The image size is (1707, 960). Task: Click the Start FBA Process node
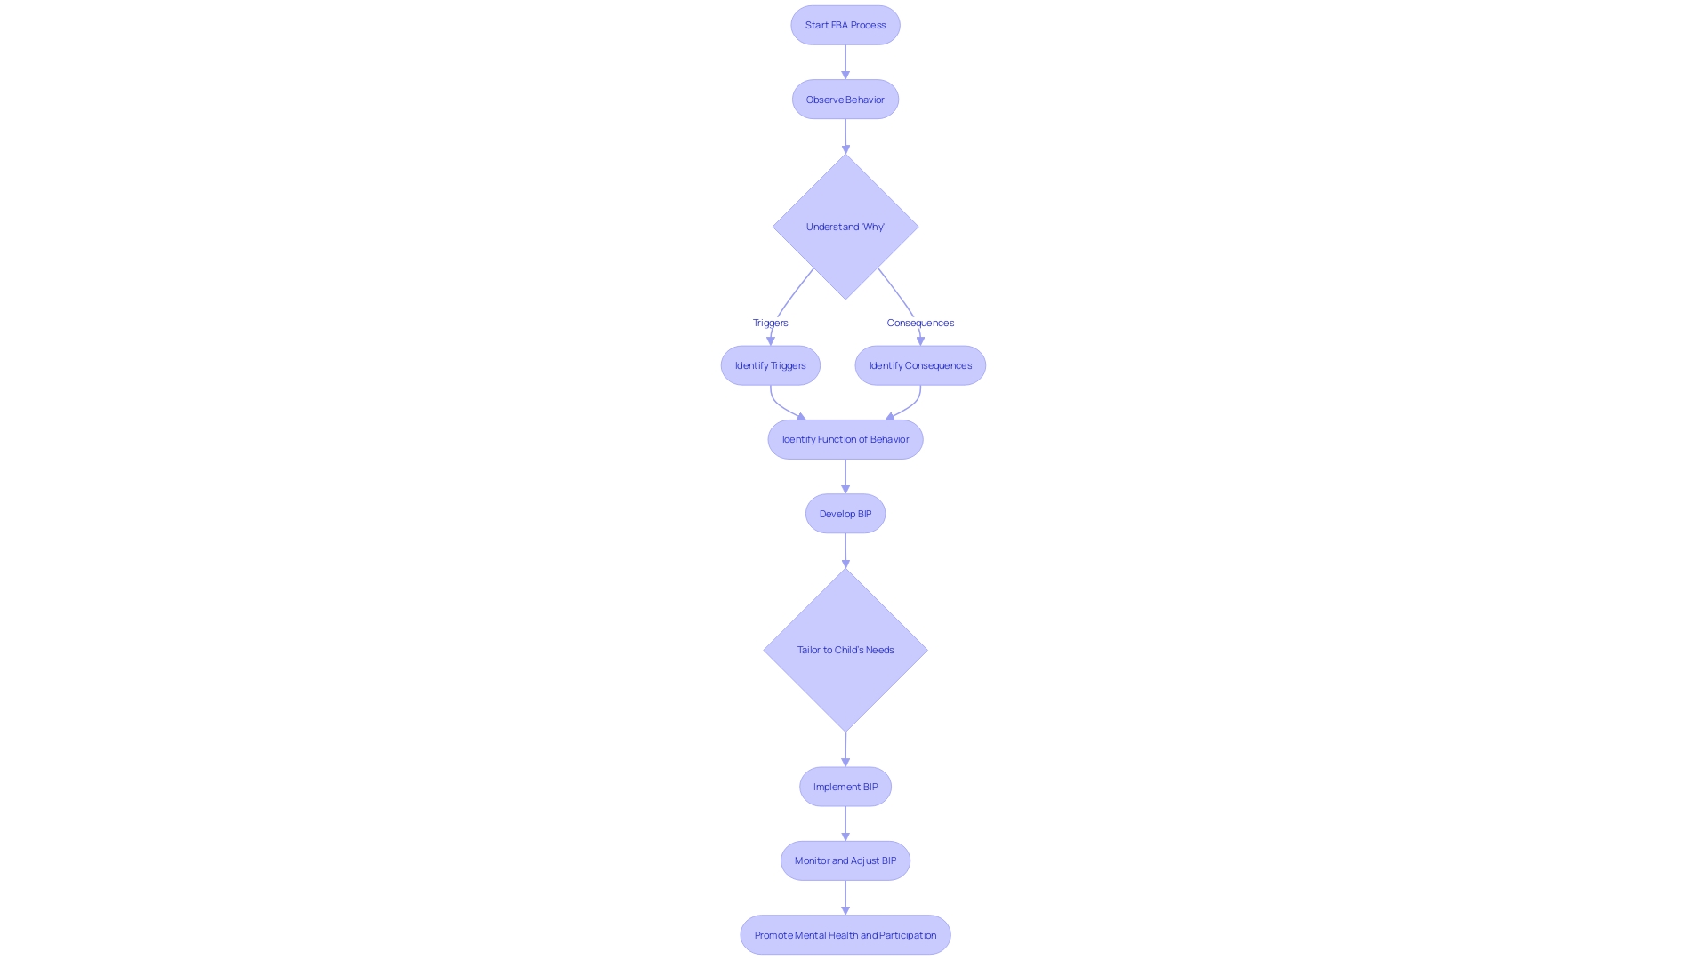coord(845,25)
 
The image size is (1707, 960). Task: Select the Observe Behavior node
coord(845,100)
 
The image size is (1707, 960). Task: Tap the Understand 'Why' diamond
coord(845,227)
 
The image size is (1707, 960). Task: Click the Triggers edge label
coord(770,323)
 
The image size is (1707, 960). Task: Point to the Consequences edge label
coord(920,323)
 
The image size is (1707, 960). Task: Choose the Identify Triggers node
coord(770,365)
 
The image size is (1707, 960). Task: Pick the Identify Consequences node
coord(920,365)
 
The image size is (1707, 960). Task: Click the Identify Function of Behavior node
coord(845,439)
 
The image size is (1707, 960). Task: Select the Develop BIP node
coord(845,514)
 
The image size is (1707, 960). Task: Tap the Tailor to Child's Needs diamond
coord(845,650)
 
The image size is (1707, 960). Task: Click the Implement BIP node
coord(845,787)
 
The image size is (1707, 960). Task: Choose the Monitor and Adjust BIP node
coord(845,860)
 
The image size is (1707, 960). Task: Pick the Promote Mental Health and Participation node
coord(845,935)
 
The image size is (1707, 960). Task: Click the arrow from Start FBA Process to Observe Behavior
coord(845,62)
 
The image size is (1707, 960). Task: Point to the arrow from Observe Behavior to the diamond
coord(845,136)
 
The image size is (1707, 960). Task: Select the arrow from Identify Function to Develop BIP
coord(845,476)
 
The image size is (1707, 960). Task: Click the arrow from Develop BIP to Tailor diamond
coord(845,550)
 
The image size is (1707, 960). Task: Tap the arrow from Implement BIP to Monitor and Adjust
coord(845,823)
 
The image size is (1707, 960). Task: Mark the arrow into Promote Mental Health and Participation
coord(845,898)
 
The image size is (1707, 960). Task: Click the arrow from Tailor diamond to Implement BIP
coord(845,749)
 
